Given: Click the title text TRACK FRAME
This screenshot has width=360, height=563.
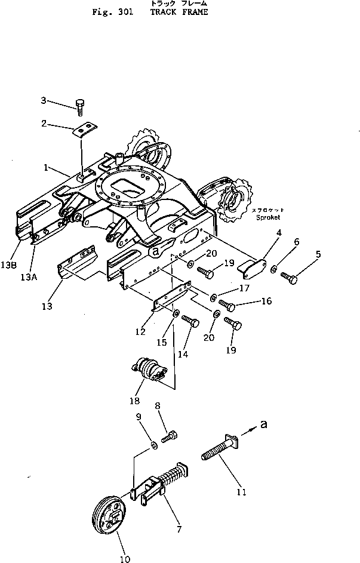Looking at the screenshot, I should [179, 12].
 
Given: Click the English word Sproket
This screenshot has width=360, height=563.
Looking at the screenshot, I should [268, 217].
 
